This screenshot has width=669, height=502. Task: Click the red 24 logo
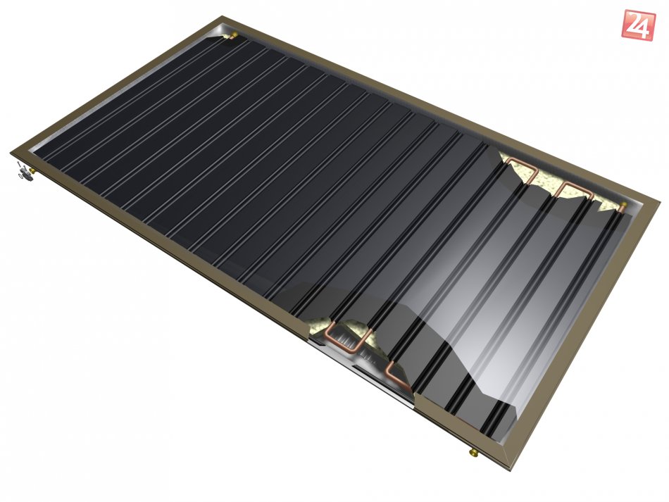point(638,25)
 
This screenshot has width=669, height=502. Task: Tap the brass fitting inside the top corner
point(234,34)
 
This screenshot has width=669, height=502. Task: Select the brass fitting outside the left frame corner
point(32,170)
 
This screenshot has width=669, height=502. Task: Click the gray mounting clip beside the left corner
point(25,175)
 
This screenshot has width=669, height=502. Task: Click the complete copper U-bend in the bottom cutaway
point(346,337)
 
